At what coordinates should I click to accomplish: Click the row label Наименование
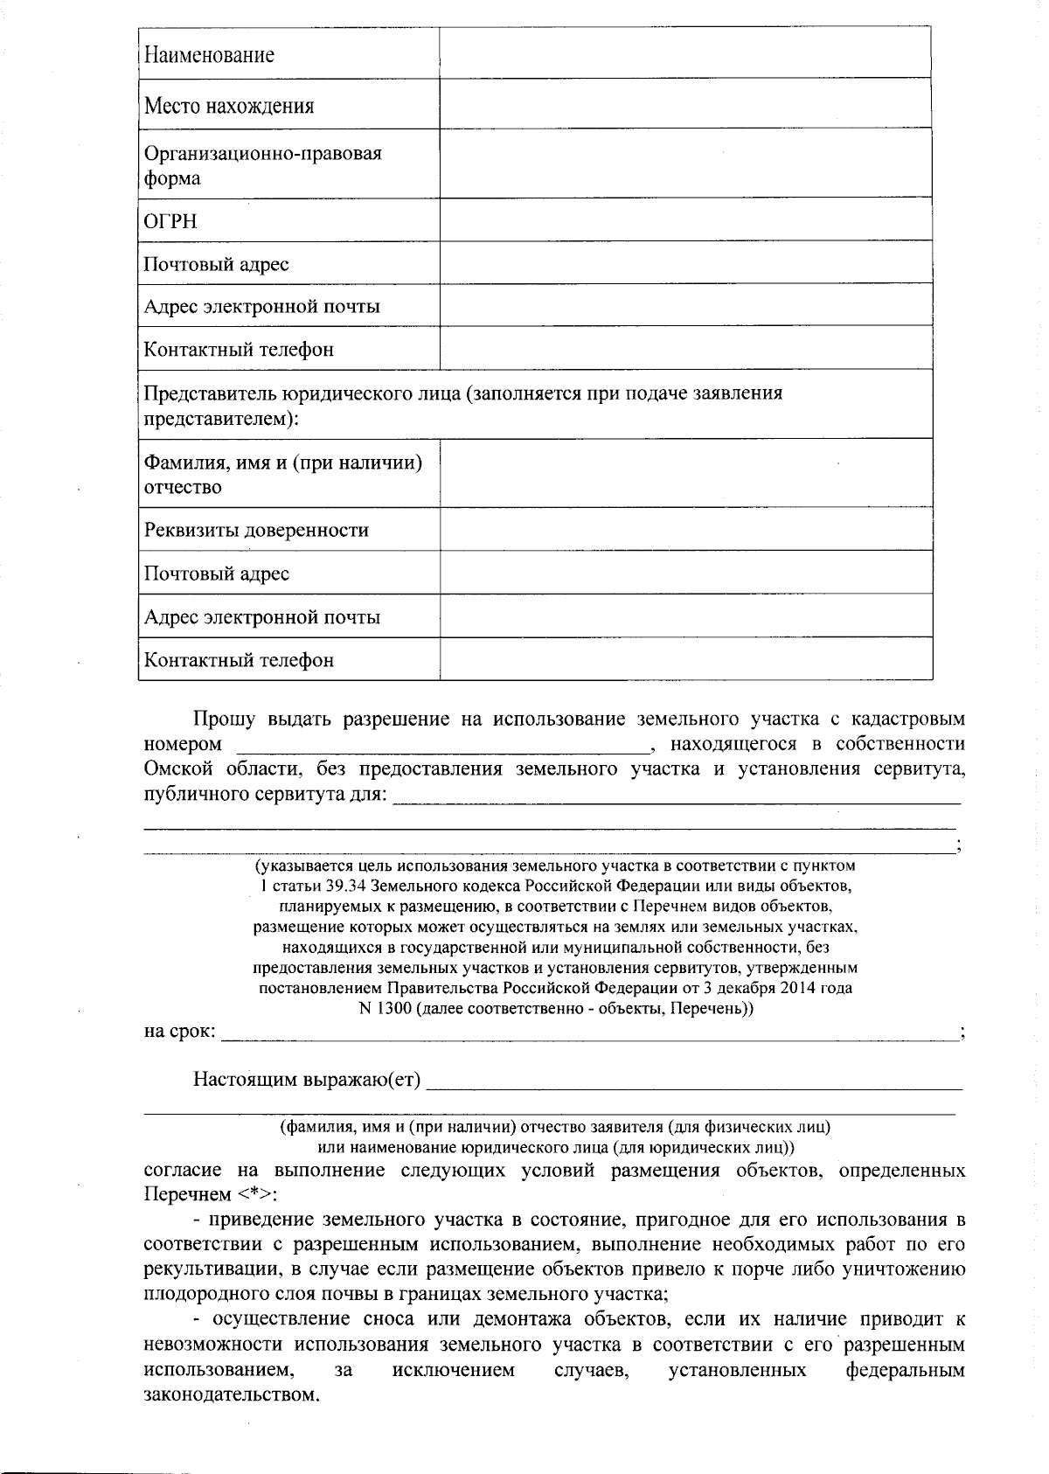point(209,55)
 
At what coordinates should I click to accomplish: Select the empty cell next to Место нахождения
point(685,105)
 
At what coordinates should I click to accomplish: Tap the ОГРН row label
point(170,221)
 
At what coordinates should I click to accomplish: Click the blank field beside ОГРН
point(685,220)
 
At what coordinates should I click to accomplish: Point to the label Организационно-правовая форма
point(262,165)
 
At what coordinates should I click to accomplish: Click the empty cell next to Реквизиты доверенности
point(685,530)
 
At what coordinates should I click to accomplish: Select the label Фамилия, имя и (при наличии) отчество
point(282,474)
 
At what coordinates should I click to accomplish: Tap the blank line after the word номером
point(441,745)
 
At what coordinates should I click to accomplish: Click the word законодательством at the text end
point(230,1394)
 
